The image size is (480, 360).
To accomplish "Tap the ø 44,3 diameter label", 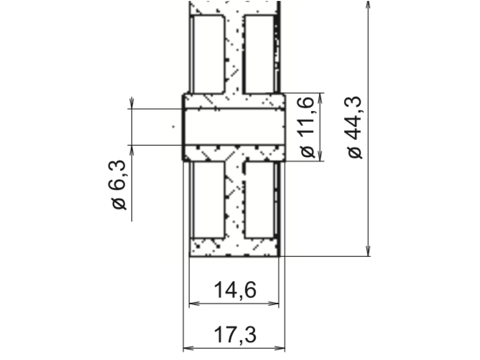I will pos(356,127).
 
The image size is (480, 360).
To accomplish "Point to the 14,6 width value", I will pos(235,291).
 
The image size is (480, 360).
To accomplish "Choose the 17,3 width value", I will pos(235,336).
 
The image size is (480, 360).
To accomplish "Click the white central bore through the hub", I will pos(234,127).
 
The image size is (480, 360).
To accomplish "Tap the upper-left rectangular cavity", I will pos(208,53).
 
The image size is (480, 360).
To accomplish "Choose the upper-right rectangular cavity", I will pos(260,53).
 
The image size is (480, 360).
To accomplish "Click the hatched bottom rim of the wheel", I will pos(234,248).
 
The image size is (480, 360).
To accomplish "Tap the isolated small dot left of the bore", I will pos(173,126).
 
